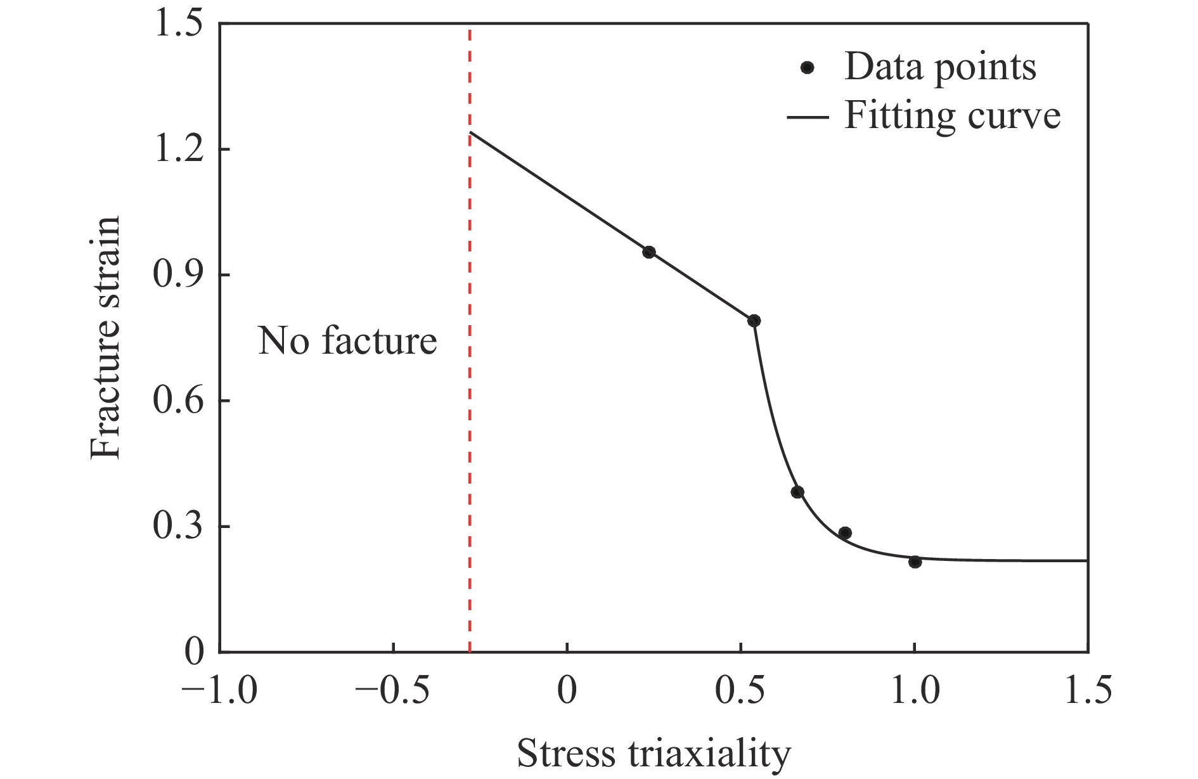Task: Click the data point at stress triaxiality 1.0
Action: (x=914, y=562)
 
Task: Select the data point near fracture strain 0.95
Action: (x=648, y=252)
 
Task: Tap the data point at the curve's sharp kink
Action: (x=754, y=321)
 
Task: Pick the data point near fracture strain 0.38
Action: (x=797, y=493)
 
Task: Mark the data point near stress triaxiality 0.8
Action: (x=845, y=533)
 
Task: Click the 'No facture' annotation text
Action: (x=347, y=341)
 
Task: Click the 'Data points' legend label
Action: (x=940, y=67)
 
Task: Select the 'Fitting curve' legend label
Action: (x=952, y=116)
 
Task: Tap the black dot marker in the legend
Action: (x=807, y=67)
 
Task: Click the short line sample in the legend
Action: (x=807, y=117)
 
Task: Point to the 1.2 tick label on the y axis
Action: (x=179, y=150)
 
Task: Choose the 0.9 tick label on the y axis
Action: (x=179, y=275)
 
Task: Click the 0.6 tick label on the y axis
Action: (x=179, y=401)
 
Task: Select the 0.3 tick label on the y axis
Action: (x=179, y=526)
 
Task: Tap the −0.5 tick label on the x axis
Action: (x=393, y=690)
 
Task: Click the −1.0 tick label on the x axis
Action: (x=219, y=690)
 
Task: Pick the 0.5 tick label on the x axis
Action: (x=740, y=690)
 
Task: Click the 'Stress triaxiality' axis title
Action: (x=654, y=753)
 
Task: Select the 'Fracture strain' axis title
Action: (x=105, y=337)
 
